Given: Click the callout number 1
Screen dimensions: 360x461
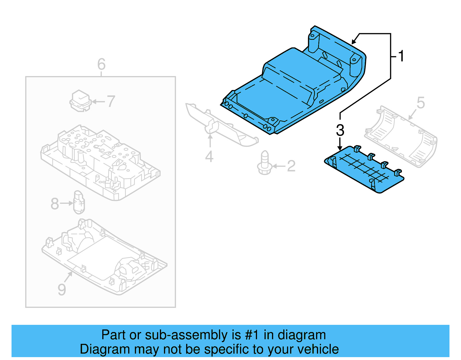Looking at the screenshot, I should click(401, 56).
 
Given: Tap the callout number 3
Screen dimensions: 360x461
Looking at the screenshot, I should click(340, 130).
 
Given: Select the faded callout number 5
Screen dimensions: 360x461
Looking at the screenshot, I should click(421, 103).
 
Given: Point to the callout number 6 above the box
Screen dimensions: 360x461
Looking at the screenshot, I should click(101, 64).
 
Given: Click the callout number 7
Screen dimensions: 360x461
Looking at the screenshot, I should click(111, 101).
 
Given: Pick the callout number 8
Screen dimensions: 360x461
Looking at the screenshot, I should click(54, 204).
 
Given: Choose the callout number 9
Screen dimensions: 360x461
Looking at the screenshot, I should click(62, 289).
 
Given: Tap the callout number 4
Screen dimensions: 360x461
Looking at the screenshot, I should click(209, 157).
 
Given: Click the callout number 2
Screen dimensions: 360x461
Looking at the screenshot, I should click(291, 166).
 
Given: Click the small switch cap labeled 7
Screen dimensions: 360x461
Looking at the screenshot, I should click(80, 101).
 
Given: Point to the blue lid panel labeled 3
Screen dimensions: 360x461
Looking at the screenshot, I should click(364, 170).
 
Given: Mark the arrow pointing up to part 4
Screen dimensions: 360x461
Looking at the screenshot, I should click(210, 141).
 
